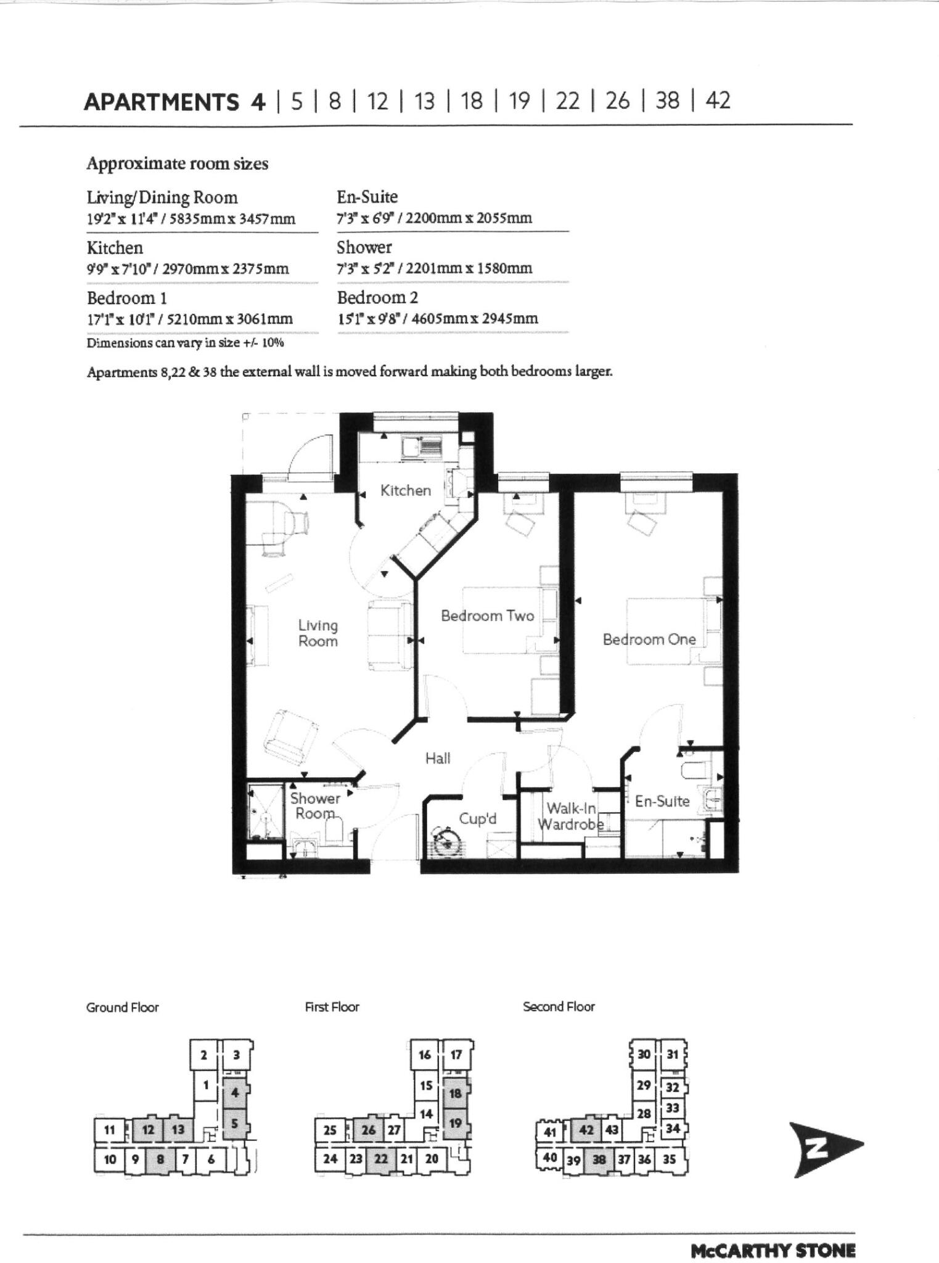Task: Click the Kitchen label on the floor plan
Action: point(405,490)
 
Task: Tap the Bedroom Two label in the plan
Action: point(487,615)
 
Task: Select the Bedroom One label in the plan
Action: point(649,640)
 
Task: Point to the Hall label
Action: point(438,759)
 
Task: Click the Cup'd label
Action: point(477,819)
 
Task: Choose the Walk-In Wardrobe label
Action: point(570,816)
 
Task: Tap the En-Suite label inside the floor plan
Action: point(662,801)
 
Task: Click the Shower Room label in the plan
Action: point(315,805)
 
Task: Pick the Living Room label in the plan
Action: point(318,633)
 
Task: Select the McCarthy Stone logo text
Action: point(773,1249)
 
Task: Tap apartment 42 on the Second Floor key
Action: point(587,1130)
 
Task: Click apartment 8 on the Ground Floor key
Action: point(160,1159)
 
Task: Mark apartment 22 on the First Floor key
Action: point(381,1158)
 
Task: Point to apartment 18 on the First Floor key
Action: point(456,1093)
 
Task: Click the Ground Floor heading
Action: point(122,1007)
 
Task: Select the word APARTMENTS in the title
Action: point(161,101)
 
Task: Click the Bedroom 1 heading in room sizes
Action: point(126,298)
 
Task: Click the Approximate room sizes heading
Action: point(177,164)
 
